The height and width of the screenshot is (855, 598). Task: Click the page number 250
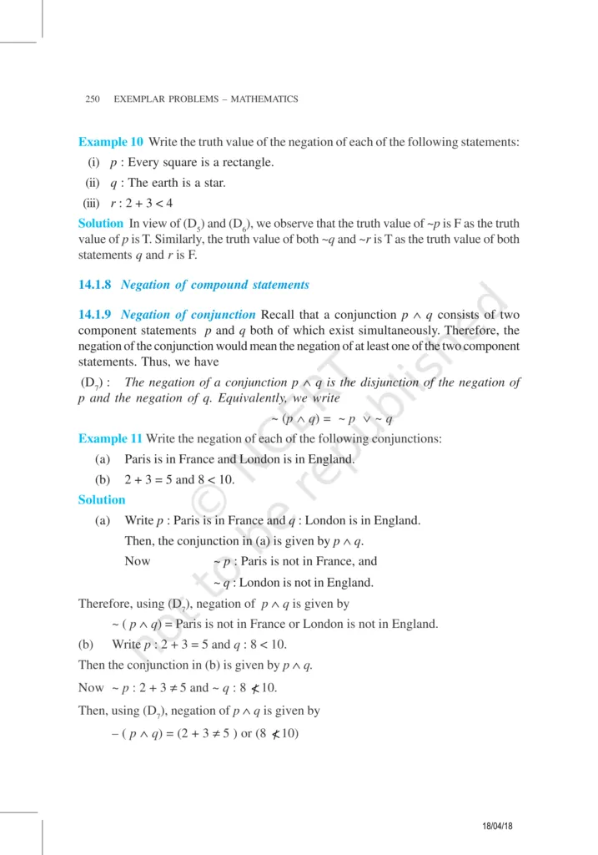click(93, 99)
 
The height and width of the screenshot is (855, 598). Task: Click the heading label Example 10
click(110, 142)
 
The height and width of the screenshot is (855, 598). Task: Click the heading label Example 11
click(110, 438)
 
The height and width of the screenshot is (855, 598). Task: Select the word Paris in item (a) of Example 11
click(138, 459)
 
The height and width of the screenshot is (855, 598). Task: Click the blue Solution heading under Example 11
click(101, 500)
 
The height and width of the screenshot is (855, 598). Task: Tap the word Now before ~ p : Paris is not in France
click(137, 561)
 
